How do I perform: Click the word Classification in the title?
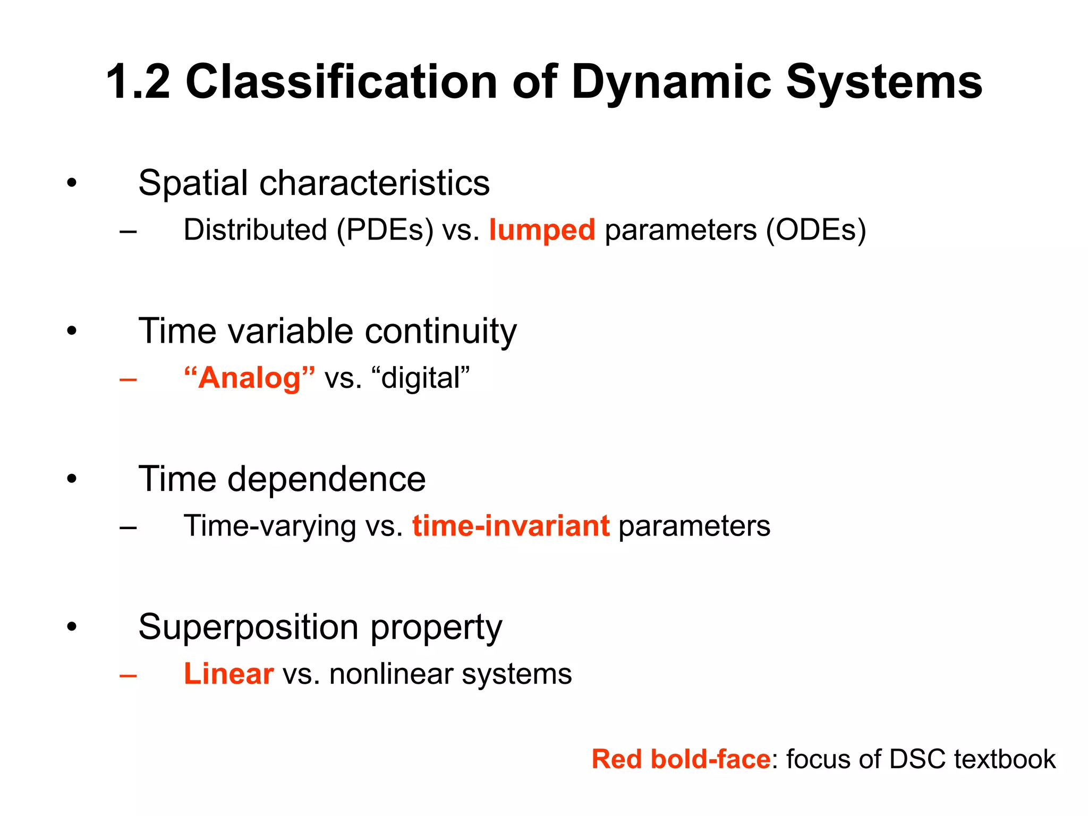pyautogui.click(x=341, y=82)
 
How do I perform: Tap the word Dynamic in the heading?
pyautogui.click(x=670, y=83)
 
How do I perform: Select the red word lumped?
pyautogui.click(x=541, y=231)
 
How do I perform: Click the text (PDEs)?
pyautogui.click(x=385, y=231)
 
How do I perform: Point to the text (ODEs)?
pyautogui.click(x=815, y=231)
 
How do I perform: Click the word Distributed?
pyautogui.click(x=255, y=229)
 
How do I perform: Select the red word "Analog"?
pyautogui.click(x=249, y=378)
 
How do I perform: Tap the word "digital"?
pyautogui.click(x=425, y=378)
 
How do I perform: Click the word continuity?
pyautogui.click(x=440, y=331)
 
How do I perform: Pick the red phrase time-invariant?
pyautogui.click(x=511, y=526)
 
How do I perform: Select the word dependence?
pyautogui.click(x=327, y=479)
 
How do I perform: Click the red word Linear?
pyautogui.click(x=228, y=674)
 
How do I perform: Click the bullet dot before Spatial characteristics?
pyautogui.click(x=72, y=184)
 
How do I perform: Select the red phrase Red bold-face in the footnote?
pyautogui.click(x=681, y=759)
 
